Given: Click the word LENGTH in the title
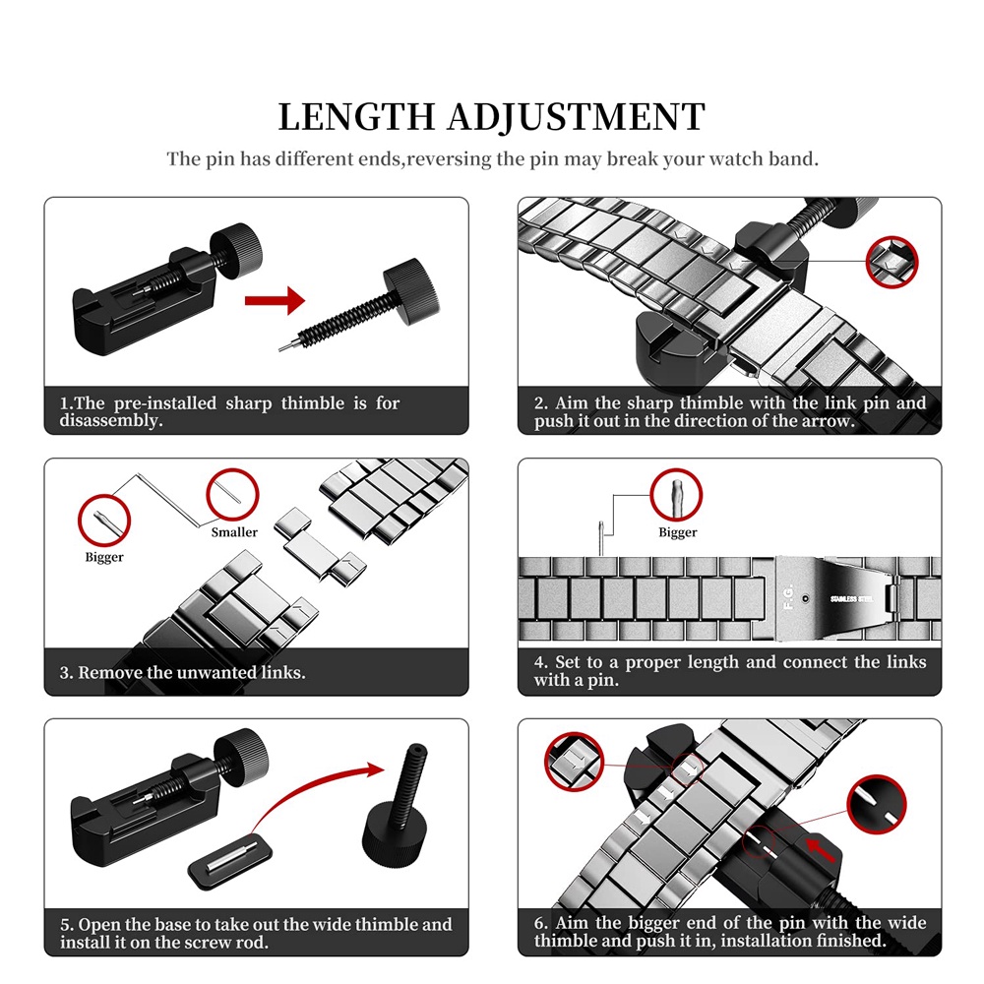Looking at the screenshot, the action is pos(356,117).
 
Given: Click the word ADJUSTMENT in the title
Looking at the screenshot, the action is pos(576,117).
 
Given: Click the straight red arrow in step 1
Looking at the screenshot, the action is pos(275,300).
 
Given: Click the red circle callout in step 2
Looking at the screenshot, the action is pos(892,263).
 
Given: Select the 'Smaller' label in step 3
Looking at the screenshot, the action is pos(234,532).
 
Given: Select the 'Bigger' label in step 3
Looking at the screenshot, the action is pos(104,557).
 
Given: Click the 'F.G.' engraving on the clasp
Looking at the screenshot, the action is pos(789,597).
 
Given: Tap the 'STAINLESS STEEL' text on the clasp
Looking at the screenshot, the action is pos(851,598).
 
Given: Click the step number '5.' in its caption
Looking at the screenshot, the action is pos(67,925).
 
